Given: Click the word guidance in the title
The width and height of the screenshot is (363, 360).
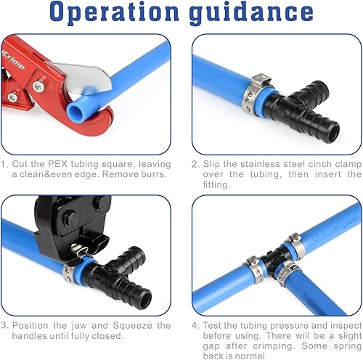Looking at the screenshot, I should [251, 15].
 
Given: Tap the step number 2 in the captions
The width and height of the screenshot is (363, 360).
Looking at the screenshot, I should [195, 165].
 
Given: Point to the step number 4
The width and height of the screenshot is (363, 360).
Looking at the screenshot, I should [195, 326].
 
